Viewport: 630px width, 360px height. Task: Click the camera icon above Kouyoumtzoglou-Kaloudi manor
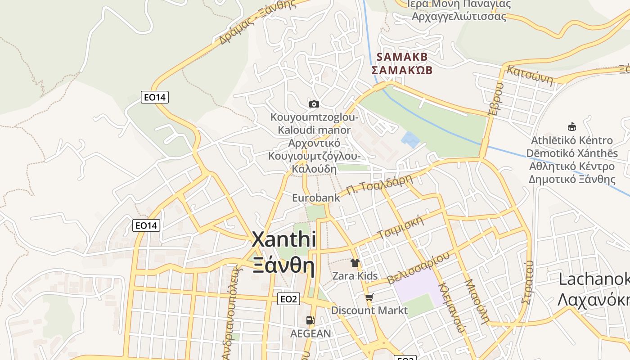pos(314,104)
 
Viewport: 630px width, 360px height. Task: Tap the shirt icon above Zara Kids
pos(355,263)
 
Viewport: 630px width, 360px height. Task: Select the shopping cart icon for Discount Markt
pos(369,297)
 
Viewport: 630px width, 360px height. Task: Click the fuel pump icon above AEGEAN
pos(310,320)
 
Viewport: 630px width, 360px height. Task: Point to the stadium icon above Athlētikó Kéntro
pos(572,126)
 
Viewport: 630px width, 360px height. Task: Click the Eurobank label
pos(316,198)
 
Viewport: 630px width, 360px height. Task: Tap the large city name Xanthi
pos(283,239)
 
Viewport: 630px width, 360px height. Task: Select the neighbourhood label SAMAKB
pos(402,57)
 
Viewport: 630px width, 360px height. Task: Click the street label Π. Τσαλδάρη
pos(379,185)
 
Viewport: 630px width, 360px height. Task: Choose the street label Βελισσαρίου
pos(418,268)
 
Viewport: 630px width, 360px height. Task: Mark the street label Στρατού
pos(528,282)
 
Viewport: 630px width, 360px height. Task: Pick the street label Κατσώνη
pos(530,75)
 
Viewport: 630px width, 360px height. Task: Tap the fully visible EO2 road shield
pos(288,299)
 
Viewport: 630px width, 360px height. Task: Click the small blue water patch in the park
pos(410,139)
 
